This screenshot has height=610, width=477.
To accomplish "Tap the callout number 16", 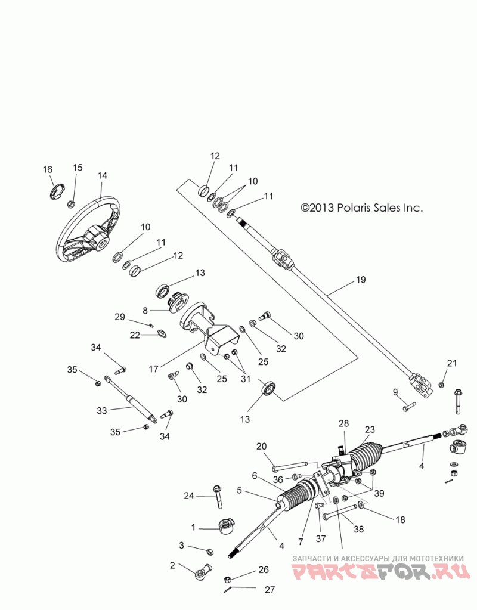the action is tap(48, 169).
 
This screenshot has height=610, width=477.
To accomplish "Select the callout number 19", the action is tap(361, 280).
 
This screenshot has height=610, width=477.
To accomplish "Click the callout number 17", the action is tap(154, 369).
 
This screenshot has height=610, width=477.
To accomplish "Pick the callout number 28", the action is tap(344, 423).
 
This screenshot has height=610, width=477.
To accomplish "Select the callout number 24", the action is tap(189, 496).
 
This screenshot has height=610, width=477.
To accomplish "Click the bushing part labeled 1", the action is tap(225, 527).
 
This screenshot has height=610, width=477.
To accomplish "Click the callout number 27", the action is tap(270, 589).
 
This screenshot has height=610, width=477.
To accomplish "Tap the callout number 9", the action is tap(395, 392).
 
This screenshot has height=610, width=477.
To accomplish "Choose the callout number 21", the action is tap(452, 363).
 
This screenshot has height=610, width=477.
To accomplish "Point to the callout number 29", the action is tap(120, 317).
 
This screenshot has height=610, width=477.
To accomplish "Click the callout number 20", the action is tap(261, 446).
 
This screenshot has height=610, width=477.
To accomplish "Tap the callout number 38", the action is tap(359, 529).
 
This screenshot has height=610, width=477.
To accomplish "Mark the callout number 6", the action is tap(255, 476).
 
